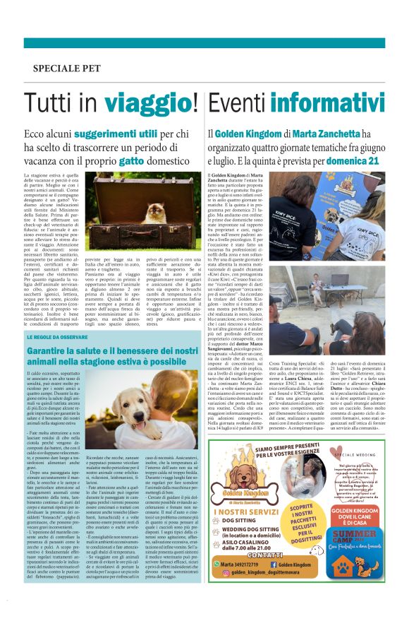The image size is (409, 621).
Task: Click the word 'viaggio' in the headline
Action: pos(149,104)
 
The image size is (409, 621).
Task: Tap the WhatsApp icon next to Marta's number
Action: pos(216,564)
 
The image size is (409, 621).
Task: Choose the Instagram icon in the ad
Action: pos(216,574)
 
